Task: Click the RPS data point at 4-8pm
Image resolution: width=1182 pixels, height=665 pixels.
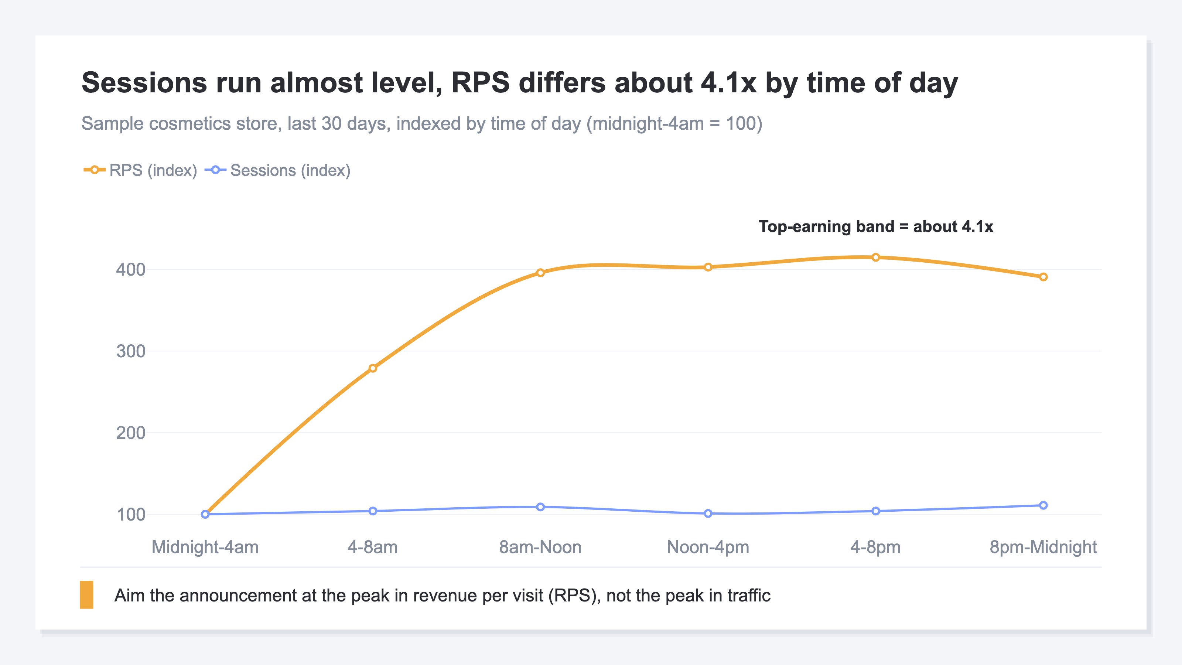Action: (875, 258)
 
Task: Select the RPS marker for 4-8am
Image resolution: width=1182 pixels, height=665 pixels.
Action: (373, 368)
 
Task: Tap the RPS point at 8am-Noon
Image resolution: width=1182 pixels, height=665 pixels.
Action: (540, 273)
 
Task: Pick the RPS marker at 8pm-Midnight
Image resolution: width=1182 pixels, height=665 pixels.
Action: (1043, 277)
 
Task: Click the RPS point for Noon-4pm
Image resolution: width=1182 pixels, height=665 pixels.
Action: (708, 267)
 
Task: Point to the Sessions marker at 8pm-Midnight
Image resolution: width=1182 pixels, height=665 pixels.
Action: (1043, 505)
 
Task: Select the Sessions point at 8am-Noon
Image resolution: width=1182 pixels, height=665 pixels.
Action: (540, 507)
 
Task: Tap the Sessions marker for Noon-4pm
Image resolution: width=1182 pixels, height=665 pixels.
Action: (708, 514)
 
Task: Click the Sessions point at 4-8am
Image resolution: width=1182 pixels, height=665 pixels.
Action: (373, 511)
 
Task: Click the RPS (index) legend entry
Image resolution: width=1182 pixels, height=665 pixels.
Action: (140, 170)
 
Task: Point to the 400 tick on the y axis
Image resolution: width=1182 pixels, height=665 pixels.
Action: (131, 269)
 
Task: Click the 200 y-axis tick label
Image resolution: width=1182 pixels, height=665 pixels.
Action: (131, 433)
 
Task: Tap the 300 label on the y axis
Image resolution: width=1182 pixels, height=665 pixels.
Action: (131, 351)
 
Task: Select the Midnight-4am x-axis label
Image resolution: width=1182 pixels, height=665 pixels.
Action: (205, 547)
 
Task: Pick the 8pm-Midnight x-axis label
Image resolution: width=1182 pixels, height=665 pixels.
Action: (1043, 547)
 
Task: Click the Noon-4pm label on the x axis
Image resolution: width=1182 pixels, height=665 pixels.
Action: (708, 547)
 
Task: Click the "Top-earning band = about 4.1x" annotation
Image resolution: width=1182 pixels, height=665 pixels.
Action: (875, 227)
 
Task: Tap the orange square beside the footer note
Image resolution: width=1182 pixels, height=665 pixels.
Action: (87, 595)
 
